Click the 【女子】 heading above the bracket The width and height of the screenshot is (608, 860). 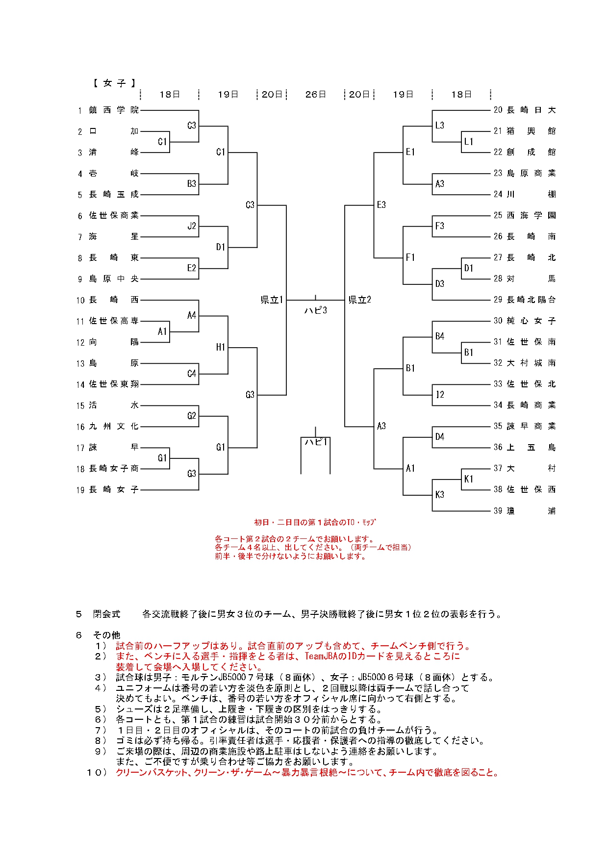point(114,83)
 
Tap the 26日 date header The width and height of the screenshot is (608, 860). point(315,95)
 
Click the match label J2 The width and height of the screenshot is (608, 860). point(192,226)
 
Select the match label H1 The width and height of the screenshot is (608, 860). point(221,347)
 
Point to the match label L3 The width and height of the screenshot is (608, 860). point(440,126)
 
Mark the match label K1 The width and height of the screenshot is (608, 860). point(469,479)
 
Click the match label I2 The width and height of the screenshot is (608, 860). point(440,395)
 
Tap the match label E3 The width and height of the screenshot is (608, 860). point(381,205)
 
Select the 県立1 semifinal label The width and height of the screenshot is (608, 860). point(272,300)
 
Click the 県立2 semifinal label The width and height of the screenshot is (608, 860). point(359,300)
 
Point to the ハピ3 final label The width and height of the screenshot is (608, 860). point(315,310)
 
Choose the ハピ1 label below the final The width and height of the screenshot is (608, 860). point(315,442)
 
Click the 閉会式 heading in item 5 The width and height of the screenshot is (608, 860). point(106,614)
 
